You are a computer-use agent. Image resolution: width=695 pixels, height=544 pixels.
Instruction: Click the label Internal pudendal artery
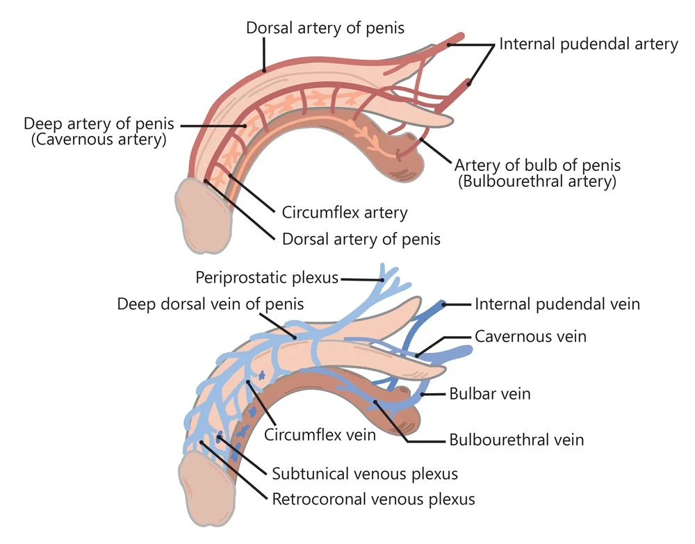pos(589,44)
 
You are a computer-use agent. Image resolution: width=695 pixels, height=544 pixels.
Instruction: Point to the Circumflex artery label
pos(345,213)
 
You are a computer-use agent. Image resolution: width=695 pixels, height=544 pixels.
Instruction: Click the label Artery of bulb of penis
pos(537,166)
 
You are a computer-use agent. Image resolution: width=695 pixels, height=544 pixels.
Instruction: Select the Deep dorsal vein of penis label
pos(211,304)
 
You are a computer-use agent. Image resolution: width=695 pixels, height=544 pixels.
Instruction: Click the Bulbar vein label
pos(490,394)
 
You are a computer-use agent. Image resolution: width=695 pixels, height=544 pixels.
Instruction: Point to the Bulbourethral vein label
pos(516,440)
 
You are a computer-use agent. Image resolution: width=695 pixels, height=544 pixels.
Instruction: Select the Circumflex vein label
pos(320,436)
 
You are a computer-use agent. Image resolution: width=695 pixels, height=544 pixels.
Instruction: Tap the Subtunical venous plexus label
pos(365,475)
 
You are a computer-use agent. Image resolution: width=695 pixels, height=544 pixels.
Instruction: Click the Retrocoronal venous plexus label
pos(373,499)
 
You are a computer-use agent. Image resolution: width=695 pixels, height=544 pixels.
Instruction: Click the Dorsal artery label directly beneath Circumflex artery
pos(361,240)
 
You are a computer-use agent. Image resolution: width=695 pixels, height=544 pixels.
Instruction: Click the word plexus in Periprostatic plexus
pos(314,279)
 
